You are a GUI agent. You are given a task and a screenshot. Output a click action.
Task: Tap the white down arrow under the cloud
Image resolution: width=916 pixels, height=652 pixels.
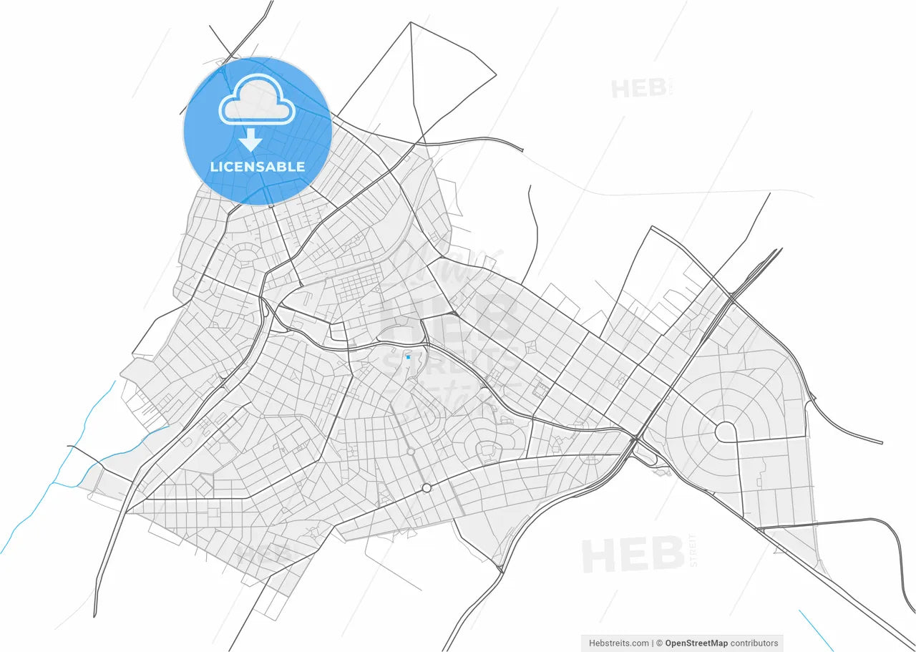click(250, 140)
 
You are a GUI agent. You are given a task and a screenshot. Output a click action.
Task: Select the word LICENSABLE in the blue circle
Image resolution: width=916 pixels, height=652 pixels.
click(258, 167)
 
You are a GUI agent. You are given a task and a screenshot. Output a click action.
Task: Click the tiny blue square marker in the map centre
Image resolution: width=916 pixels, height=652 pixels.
click(408, 356)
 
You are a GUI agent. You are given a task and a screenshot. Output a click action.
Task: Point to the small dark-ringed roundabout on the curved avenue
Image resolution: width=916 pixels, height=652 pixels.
click(427, 487)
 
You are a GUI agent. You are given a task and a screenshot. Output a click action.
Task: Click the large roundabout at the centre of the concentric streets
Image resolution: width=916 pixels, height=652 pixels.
click(726, 432)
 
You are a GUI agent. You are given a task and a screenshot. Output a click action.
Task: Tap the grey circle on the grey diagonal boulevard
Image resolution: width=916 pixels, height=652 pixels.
click(411, 451)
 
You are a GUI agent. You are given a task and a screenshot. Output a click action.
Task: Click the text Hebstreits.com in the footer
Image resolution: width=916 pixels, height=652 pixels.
click(618, 643)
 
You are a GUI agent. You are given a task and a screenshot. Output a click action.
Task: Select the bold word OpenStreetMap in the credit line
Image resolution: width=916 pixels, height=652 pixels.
click(696, 643)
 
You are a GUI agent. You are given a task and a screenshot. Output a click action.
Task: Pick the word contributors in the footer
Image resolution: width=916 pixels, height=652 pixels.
click(754, 643)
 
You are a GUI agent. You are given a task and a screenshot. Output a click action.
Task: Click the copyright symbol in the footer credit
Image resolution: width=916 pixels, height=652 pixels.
click(660, 643)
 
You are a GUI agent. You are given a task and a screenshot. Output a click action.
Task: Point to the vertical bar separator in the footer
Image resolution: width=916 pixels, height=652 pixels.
click(652, 643)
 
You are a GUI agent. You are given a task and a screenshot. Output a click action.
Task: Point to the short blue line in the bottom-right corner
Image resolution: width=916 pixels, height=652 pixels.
click(815, 630)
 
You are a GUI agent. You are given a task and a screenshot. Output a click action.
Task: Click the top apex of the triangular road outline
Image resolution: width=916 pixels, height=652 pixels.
click(410, 22)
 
